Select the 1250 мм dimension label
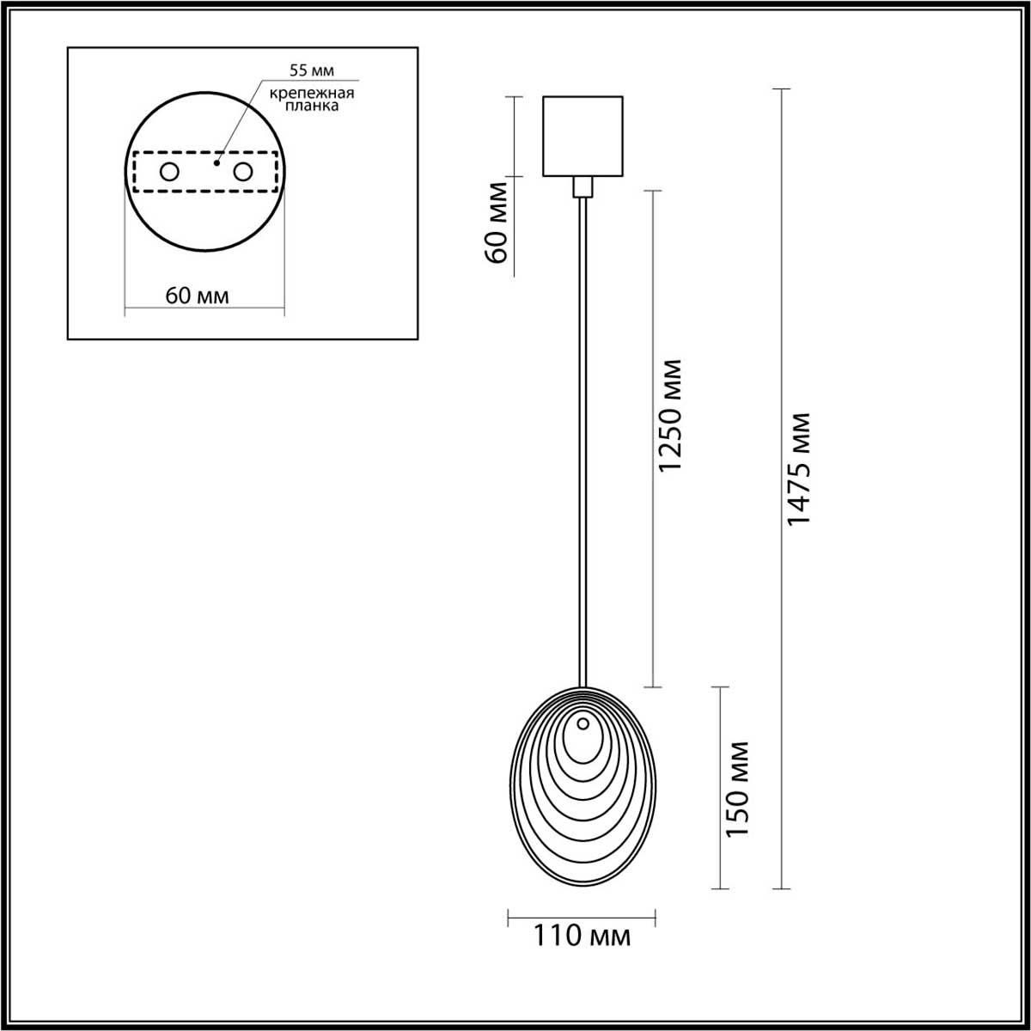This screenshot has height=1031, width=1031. tap(669, 416)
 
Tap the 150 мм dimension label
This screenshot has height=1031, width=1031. tap(737, 788)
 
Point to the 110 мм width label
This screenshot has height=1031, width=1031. tap(582, 936)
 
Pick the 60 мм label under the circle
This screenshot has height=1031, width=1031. tap(197, 296)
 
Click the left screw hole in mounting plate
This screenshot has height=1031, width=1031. tap(169, 172)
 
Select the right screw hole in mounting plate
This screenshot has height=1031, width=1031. tap(244, 172)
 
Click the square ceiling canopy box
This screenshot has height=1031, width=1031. tap(583, 135)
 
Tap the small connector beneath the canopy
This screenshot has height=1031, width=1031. tap(583, 186)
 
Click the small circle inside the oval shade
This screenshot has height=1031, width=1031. tap(583, 723)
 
